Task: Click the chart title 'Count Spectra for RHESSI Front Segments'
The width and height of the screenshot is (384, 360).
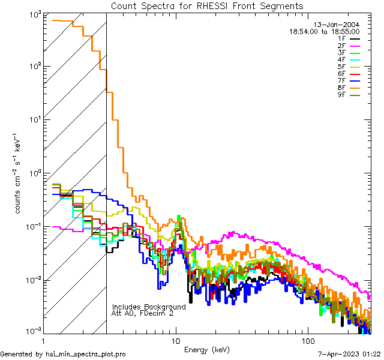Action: pyautogui.click(x=207, y=5)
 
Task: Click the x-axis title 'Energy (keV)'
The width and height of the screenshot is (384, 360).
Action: pyautogui.click(x=207, y=349)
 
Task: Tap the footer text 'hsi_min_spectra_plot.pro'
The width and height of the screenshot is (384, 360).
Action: pyautogui.click(x=86, y=354)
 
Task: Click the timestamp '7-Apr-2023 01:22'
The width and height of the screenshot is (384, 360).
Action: pyautogui.click(x=349, y=354)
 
